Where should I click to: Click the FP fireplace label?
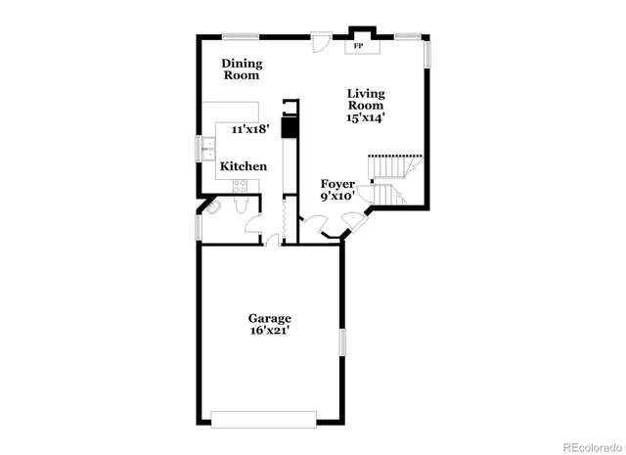[359, 46]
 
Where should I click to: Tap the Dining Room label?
[241, 69]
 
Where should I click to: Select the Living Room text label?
[366, 99]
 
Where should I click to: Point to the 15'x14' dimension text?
[366, 117]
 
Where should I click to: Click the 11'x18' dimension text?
[250, 129]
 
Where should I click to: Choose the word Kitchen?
[243, 166]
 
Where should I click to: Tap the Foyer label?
[337, 183]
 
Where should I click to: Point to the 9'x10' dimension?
[337, 197]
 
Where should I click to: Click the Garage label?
[269, 318]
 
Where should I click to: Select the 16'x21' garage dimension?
[269, 332]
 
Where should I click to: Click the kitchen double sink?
[209, 150]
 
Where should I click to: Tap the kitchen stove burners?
[289, 126]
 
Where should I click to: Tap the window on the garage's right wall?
[342, 344]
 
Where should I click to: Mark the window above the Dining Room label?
[241, 37]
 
